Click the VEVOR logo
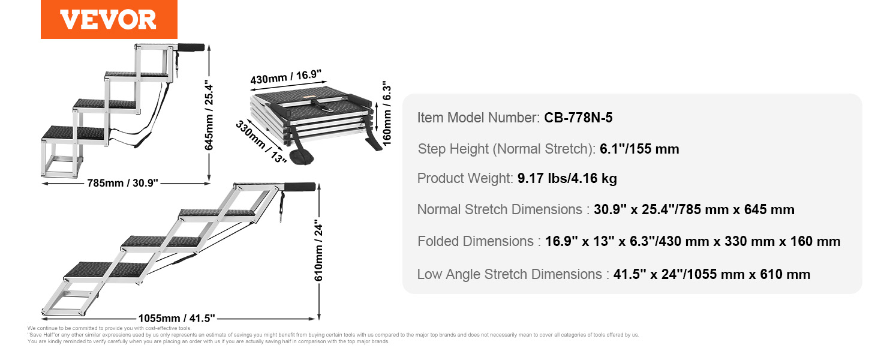(109, 19)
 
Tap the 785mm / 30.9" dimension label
(122, 183)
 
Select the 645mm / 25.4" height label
(209, 116)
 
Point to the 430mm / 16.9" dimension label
(286, 76)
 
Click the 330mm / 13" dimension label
(261, 142)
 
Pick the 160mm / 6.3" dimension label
(386, 113)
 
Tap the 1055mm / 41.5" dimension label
(177, 318)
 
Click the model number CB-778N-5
(578, 118)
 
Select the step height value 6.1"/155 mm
(639, 149)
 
